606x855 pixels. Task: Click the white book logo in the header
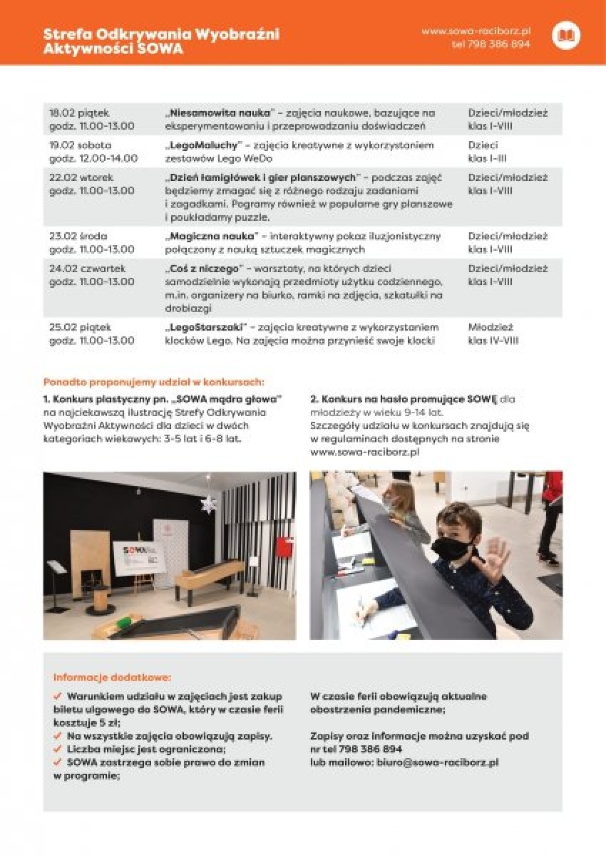(566, 35)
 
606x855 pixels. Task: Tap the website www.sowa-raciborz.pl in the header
(476, 31)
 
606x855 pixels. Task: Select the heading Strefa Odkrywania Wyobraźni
(161, 33)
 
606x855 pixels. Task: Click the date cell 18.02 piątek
(78, 113)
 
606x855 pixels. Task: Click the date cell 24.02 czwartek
(87, 269)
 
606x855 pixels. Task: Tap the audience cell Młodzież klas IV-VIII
(493, 333)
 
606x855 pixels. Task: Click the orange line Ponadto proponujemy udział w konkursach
(153, 382)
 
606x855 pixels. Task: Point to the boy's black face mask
(451, 549)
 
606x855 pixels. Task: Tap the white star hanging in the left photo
(209, 504)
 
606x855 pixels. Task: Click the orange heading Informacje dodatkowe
(112, 677)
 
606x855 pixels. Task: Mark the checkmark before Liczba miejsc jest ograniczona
(58, 749)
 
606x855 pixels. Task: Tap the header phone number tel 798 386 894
(491, 43)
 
